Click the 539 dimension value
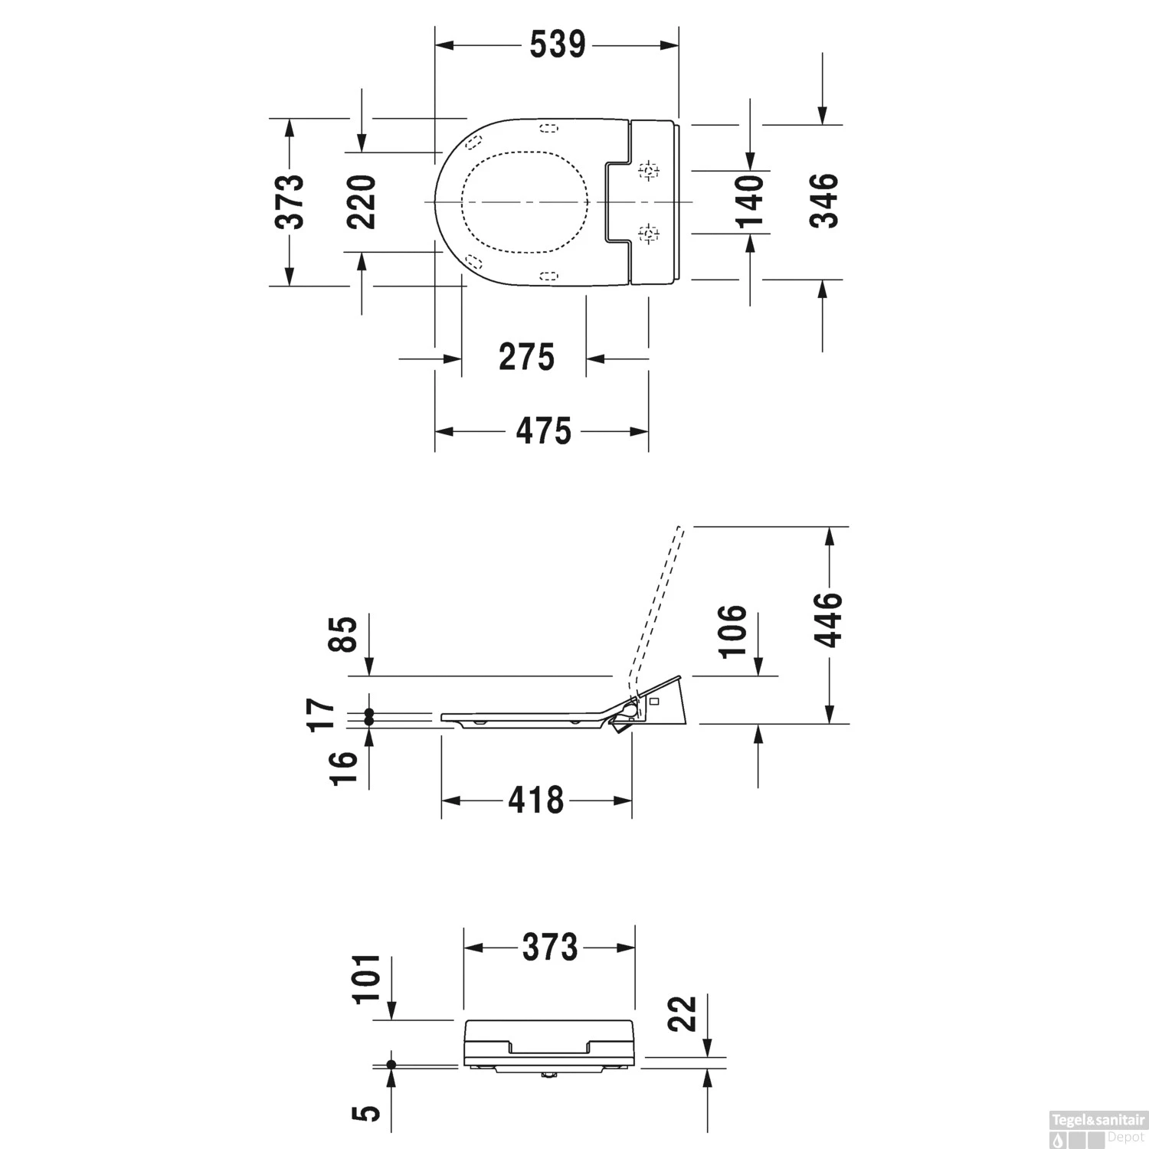click(558, 45)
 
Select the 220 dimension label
click(361, 202)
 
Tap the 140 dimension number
click(750, 202)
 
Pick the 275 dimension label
click(526, 358)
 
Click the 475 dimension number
click(543, 432)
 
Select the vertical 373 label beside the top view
click(290, 202)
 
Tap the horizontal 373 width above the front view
click(549, 948)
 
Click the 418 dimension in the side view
click(535, 801)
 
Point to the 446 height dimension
click(827, 620)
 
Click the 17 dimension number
click(322, 715)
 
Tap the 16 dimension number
click(344, 768)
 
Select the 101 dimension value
click(365, 979)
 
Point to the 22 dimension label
click(682, 1013)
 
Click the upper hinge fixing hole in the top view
click(649, 171)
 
